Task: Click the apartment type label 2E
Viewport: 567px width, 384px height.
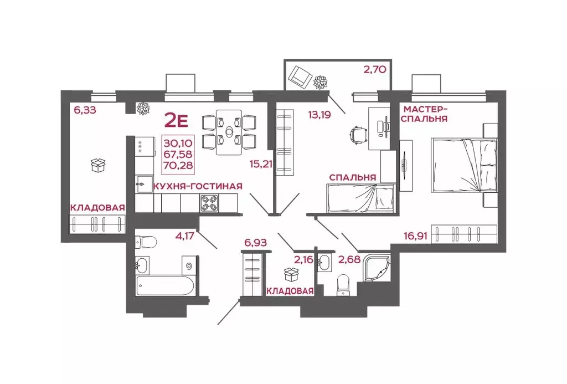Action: click(176, 120)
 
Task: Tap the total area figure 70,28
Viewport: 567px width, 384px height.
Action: click(178, 165)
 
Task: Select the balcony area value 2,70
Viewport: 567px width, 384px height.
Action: click(375, 69)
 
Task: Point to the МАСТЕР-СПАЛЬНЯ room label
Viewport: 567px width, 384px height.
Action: click(424, 114)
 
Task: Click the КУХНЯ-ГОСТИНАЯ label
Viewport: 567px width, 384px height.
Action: click(198, 186)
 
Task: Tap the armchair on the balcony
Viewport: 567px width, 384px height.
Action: click(300, 76)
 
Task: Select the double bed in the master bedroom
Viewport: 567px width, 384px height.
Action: click(464, 165)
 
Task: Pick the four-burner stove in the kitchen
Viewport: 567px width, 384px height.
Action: click(209, 203)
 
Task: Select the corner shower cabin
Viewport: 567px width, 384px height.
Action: click(377, 269)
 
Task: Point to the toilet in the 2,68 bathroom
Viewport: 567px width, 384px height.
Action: click(342, 285)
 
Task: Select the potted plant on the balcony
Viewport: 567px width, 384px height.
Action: click(321, 82)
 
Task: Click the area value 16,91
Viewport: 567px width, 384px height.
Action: click(416, 237)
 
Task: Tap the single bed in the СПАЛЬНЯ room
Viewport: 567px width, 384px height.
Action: click(361, 198)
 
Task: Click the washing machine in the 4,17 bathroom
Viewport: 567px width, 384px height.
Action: click(189, 266)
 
